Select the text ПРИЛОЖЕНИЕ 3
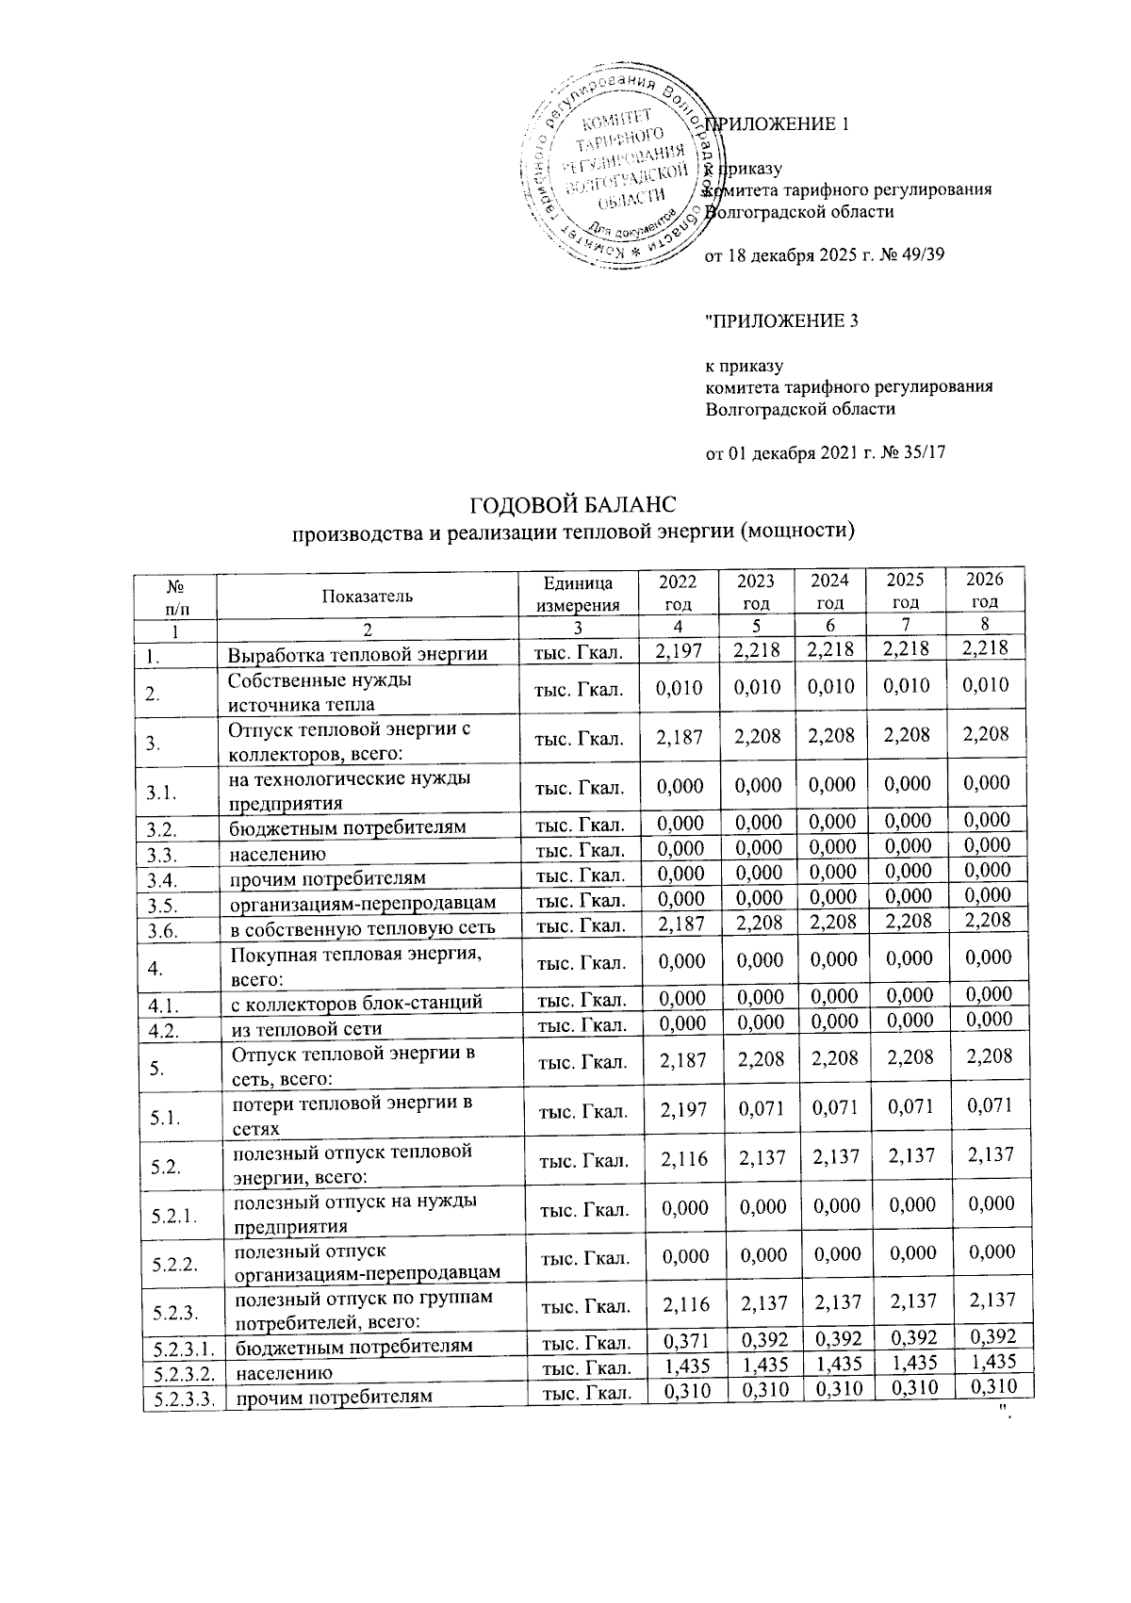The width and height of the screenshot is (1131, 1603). click(x=783, y=321)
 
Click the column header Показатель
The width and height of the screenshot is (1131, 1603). click(x=367, y=596)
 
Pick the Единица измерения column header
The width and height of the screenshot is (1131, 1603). click(x=578, y=595)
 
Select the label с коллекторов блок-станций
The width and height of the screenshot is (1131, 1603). click(x=357, y=1004)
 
